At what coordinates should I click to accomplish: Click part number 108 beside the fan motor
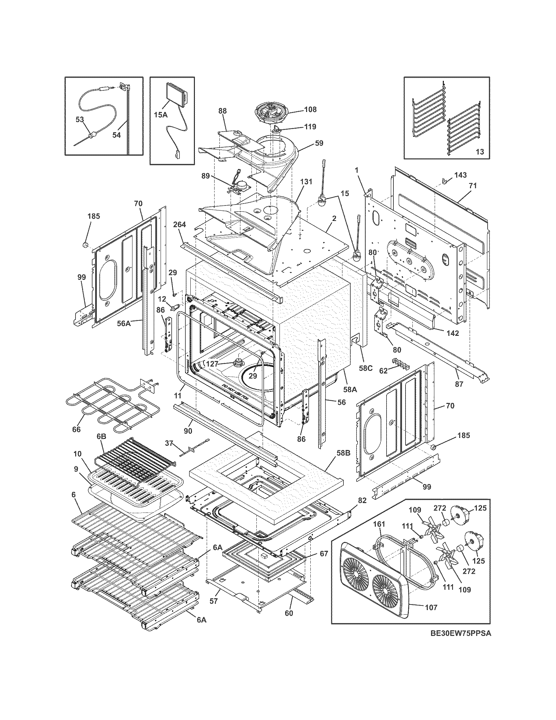coord(310,109)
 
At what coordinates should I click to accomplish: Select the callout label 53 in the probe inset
coord(80,119)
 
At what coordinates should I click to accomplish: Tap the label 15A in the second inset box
coord(161,115)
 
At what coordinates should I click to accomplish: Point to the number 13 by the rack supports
coord(480,152)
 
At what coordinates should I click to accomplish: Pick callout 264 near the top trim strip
coord(180,225)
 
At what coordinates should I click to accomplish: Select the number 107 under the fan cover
coord(430,607)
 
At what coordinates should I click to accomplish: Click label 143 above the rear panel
coord(460,175)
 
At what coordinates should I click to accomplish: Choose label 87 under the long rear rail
coord(459,384)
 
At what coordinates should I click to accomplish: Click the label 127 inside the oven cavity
coord(213,364)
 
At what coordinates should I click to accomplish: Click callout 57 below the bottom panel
coord(214,601)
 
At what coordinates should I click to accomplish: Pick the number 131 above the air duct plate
coord(307,182)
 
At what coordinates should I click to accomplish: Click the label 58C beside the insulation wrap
coord(365,368)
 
